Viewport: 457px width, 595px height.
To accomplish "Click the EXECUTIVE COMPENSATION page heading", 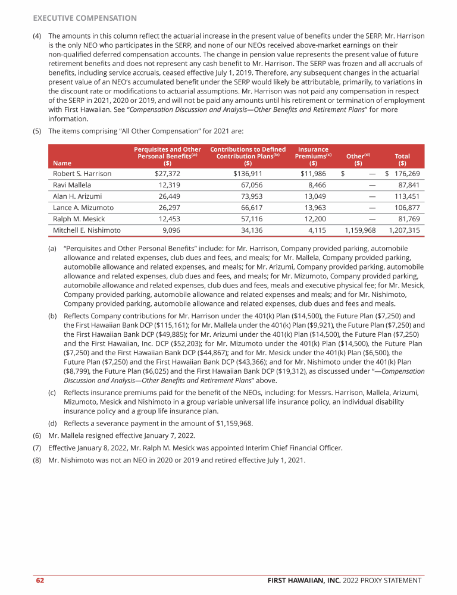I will coord(84,18).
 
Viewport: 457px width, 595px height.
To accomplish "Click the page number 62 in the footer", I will coord(39,580).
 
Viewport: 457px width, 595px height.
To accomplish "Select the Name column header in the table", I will coord(60,162).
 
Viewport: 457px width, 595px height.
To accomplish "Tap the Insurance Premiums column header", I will coord(314,155).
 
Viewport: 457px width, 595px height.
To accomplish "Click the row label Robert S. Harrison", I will coord(82,174).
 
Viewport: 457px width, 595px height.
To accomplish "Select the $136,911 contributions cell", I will coord(248,174).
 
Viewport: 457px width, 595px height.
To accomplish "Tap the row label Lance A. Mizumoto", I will coord(83,208).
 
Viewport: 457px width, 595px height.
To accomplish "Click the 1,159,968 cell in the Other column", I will coord(361,230).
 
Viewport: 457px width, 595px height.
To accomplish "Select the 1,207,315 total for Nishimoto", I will coord(404,230).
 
